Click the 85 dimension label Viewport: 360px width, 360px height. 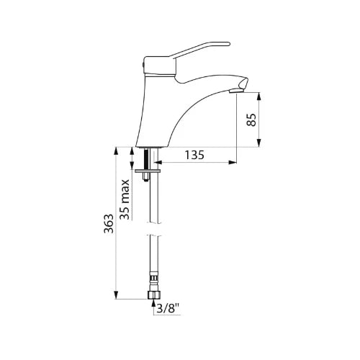coord(251,120)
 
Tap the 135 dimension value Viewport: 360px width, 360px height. coord(194,155)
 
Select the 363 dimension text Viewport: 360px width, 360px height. coord(109,223)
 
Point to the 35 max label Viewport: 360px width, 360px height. coord(125,199)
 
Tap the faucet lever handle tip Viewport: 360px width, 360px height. coord(228,44)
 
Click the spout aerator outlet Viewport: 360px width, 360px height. coord(236,91)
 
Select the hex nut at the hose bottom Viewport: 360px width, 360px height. coord(153,295)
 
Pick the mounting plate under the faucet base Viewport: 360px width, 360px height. coord(148,171)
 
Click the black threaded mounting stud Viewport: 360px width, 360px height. coord(146,159)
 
